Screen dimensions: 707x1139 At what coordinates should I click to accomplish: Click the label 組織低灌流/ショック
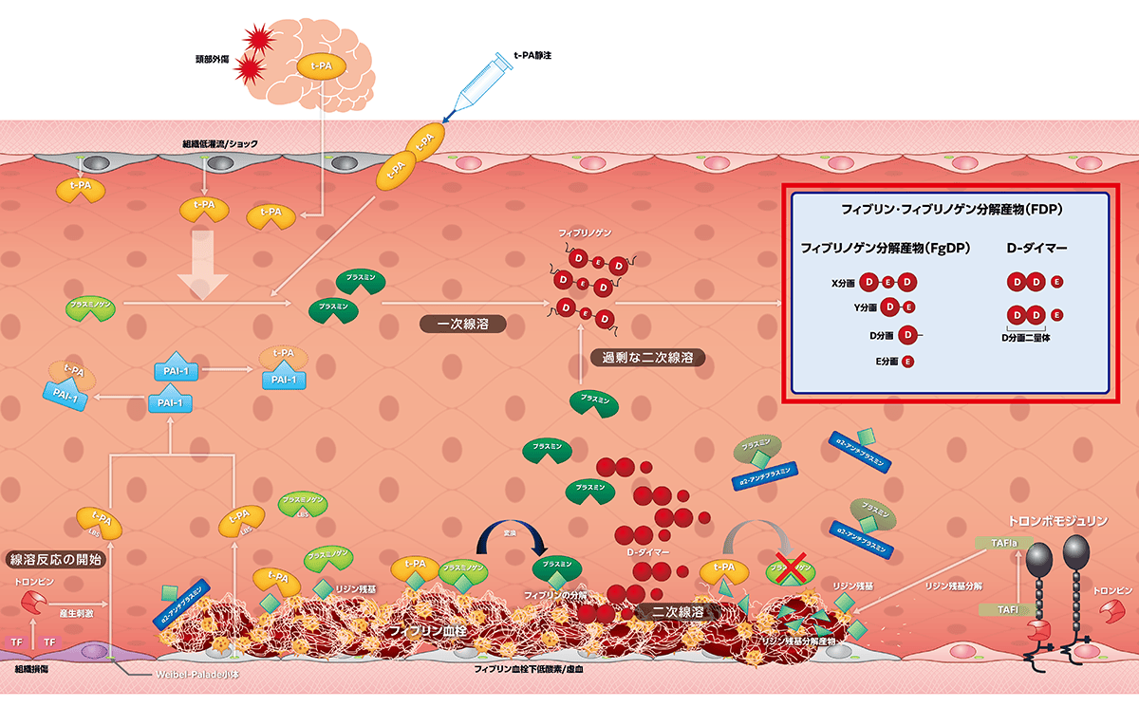click(x=220, y=144)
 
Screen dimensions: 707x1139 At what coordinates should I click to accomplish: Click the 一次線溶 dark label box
click(x=463, y=324)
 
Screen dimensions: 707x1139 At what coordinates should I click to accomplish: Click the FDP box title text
click(x=950, y=207)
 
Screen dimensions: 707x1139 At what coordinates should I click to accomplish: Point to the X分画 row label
click(x=843, y=283)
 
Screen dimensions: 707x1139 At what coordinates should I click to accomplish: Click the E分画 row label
click(x=887, y=362)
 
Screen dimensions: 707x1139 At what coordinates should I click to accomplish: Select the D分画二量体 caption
click(x=1032, y=337)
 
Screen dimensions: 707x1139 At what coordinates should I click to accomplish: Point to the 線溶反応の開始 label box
click(x=55, y=559)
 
